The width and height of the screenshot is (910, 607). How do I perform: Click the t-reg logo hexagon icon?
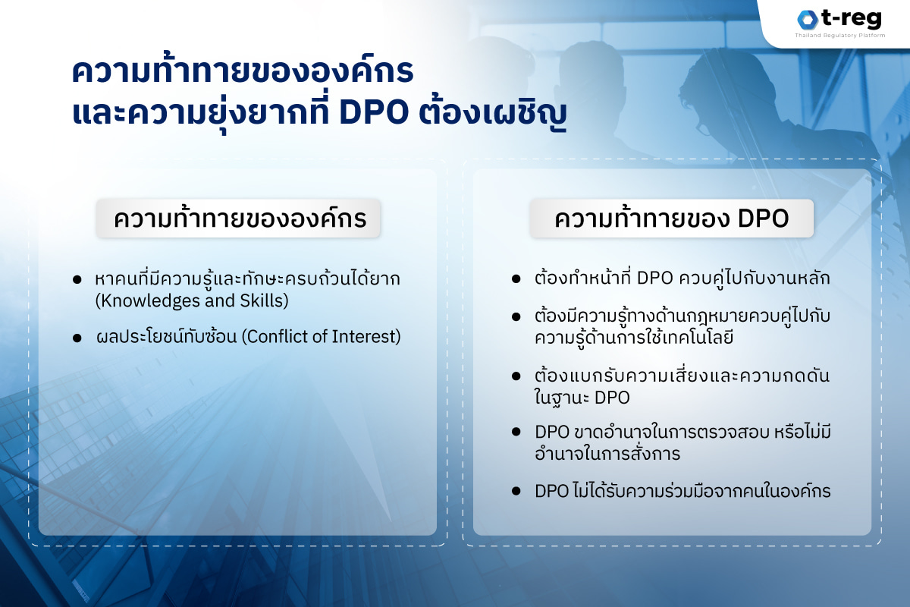click(x=806, y=20)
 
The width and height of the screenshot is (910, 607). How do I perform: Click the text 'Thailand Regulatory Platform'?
click(x=839, y=36)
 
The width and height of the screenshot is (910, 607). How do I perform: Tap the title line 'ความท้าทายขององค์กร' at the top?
click(x=243, y=72)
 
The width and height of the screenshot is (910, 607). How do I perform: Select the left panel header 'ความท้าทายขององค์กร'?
click(x=238, y=219)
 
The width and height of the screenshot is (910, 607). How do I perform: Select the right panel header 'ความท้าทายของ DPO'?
click(x=672, y=219)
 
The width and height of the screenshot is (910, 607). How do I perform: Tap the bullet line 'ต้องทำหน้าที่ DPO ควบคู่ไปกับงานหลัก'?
click(x=682, y=278)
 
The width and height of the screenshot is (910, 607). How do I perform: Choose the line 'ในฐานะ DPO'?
click(x=582, y=397)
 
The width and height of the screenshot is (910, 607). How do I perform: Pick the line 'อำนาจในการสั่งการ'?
click(x=607, y=454)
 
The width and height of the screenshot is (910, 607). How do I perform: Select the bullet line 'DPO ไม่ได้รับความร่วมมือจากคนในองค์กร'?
click(x=682, y=491)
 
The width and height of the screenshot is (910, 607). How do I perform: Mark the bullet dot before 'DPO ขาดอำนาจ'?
click(x=516, y=432)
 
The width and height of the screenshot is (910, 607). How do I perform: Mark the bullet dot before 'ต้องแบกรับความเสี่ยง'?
click(x=516, y=376)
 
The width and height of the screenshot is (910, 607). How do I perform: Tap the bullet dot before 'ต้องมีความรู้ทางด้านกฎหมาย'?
click(x=516, y=316)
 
